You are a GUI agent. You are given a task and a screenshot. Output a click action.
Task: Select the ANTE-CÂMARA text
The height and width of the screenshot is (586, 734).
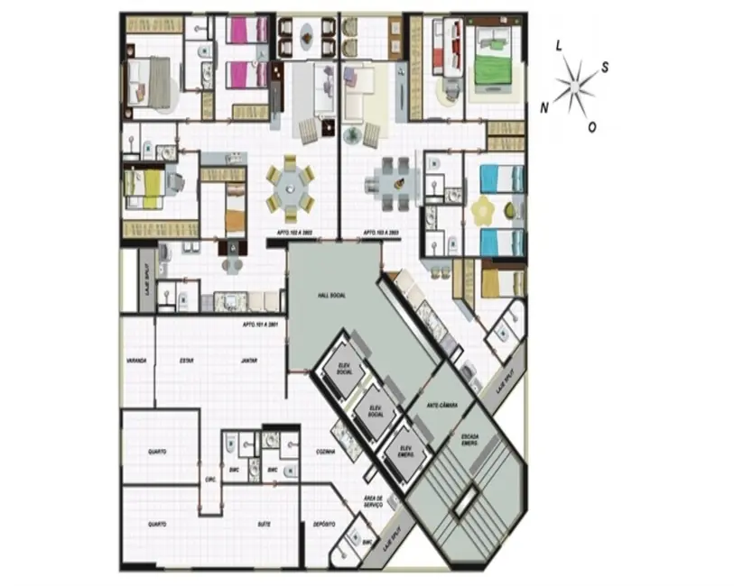pyautogui.click(x=443, y=407)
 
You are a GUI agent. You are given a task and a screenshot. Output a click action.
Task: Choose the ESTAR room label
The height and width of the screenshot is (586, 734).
pyautogui.click(x=187, y=361)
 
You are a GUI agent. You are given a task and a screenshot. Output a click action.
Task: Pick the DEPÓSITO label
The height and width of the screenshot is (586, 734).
pyautogui.click(x=324, y=524)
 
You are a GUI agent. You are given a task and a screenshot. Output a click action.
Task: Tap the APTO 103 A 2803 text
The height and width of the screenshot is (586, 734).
pyautogui.click(x=382, y=233)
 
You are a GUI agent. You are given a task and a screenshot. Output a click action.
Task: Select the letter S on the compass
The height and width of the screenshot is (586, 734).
pyautogui.click(x=605, y=66)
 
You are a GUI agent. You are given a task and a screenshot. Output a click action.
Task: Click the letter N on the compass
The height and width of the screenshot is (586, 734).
pyautogui.click(x=544, y=107)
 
